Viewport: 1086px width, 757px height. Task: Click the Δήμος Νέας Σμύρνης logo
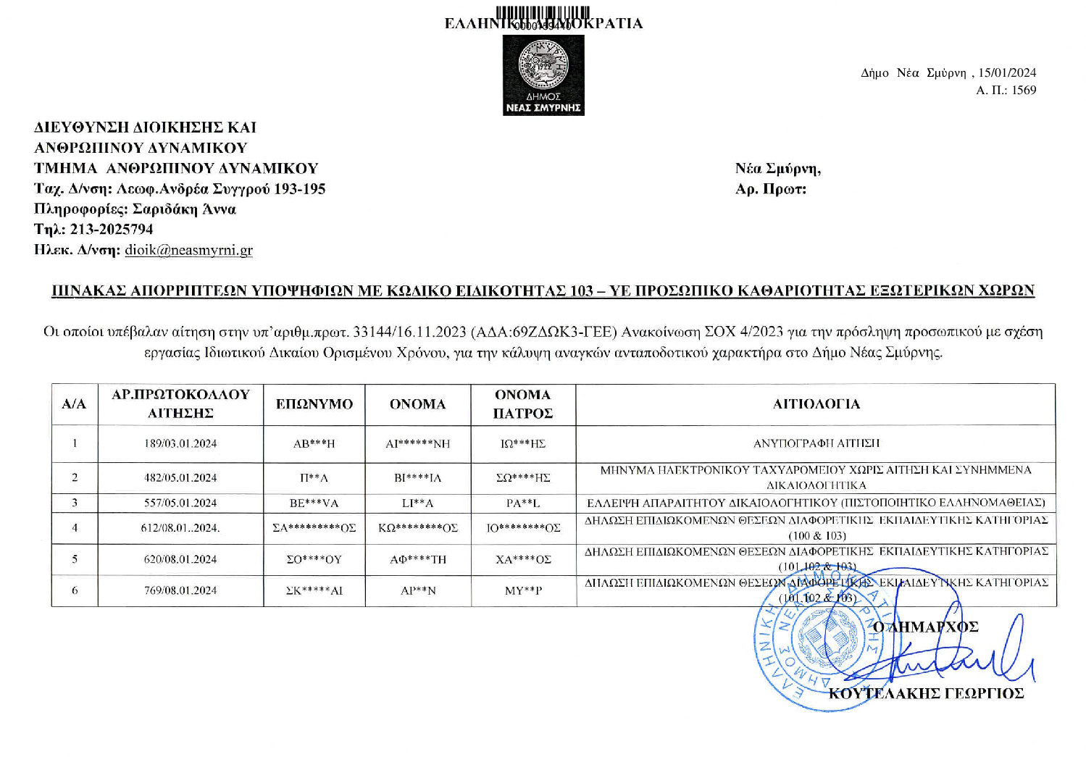point(543,75)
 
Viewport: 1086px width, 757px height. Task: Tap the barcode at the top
point(543,13)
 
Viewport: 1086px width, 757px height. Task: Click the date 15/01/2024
point(1007,72)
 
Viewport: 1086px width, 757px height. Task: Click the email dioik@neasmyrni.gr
point(188,250)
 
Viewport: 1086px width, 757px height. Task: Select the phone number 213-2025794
point(112,229)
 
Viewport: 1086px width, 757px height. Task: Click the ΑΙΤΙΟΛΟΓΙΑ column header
point(816,403)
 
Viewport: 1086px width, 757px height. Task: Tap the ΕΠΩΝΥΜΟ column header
point(314,403)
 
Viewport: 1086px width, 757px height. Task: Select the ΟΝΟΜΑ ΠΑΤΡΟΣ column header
point(523,403)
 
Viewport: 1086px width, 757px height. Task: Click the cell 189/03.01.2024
point(180,443)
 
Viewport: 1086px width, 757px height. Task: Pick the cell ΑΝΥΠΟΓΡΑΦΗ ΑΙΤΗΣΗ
point(816,443)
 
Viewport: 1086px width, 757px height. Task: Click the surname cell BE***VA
point(314,503)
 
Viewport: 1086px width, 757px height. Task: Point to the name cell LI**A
point(418,503)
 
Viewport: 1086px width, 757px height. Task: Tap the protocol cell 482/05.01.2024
point(180,477)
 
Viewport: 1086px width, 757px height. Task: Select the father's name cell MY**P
point(523,590)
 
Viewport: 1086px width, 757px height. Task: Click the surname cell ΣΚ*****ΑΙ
point(314,590)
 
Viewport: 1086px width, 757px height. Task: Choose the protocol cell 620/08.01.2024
point(180,559)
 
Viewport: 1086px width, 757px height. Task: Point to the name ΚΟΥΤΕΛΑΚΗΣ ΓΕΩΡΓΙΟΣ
point(926,693)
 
